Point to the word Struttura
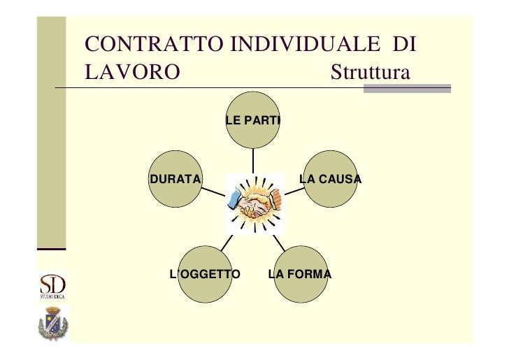pos(368,73)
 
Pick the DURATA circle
pos(175,179)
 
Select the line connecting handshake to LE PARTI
pos(253,160)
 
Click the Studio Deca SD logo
pos(52,287)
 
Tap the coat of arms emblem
pos(52,325)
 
